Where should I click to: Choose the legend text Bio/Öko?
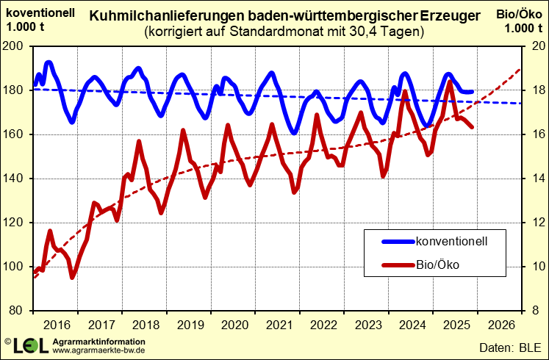click(x=437, y=265)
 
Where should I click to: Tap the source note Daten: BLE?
click(x=509, y=346)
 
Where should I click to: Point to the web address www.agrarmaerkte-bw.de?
click(x=98, y=350)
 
